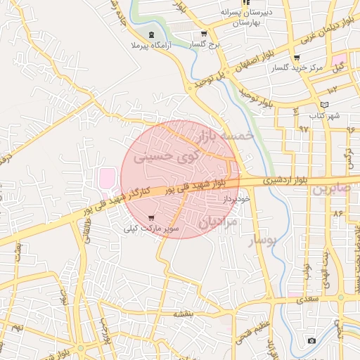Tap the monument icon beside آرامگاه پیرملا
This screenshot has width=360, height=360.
click(x=152, y=35)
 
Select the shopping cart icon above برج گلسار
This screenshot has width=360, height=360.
click(x=204, y=34)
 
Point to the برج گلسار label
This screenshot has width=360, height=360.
click(x=205, y=44)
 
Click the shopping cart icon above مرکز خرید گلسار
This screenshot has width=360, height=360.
click(x=297, y=58)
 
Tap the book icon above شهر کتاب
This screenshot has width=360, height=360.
click(x=324, y=105)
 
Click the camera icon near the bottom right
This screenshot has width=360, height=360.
click(x=311, y=341)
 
